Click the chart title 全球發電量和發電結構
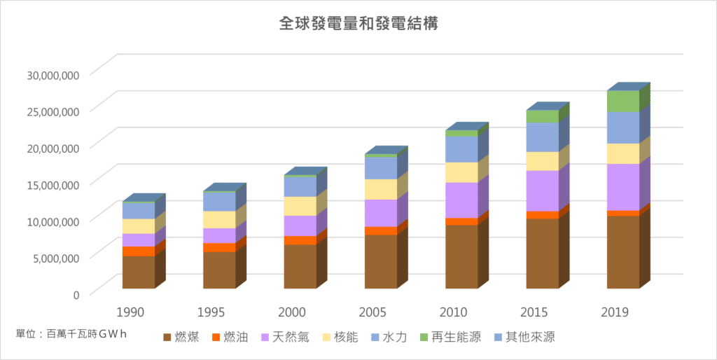tap(358, 24)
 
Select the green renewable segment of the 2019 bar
tap(623, 101)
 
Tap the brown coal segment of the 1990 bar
tap(139, 272)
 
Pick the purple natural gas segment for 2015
tap(543, 191)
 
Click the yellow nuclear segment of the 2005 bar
tap(381, 189)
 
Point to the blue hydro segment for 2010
tap(461, 149)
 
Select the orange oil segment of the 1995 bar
tap(219, 247)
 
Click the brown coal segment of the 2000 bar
tap(300, 266)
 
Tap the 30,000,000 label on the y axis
tap(53, 74)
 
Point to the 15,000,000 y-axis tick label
tap(53, 184)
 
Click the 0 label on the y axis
tap(75, 293)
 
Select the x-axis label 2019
tap(615, 312)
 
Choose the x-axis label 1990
tap(130, 312)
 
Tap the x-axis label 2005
tap(373, 312)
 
